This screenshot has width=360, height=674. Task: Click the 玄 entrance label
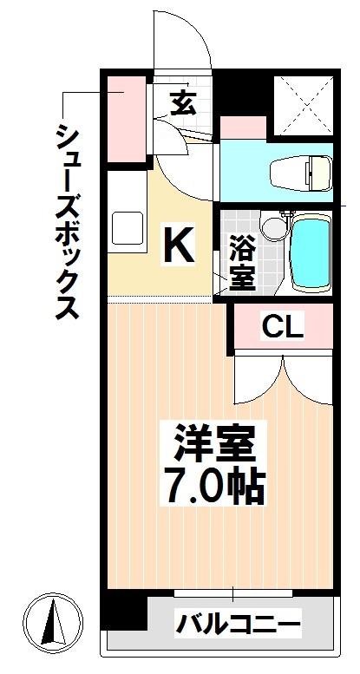click(184, 104)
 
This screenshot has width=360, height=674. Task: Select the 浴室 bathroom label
click(243, 263)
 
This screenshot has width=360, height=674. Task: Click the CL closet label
click(283, 329)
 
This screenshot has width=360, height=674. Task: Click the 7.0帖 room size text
click(213, 488)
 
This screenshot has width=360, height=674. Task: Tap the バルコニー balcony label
click(238, 624)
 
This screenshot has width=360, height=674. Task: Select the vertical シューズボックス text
click(67, 221)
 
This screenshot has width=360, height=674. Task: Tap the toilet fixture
click(302, 173)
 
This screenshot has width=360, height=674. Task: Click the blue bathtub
click(310, 253)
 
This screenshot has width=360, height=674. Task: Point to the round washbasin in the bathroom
click(271, 229)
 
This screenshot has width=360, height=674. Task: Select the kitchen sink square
click(128, 228)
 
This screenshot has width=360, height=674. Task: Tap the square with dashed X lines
click(304, 105)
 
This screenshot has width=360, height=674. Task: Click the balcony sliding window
click(233, 593)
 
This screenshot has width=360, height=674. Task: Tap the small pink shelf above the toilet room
click(243, 128)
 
